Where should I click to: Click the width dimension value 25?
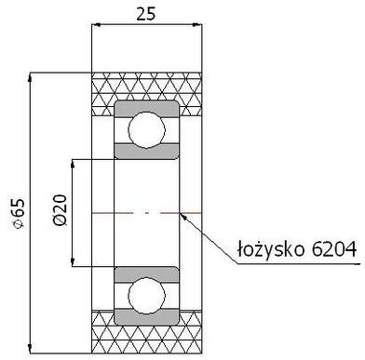tap(146, 14)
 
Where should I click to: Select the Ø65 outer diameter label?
tap(19, 213)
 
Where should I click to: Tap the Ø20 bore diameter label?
tap(61, 209)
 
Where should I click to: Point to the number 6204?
tap(333, 248)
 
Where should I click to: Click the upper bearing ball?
tap(146, 130)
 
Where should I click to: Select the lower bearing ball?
tap(146, 295)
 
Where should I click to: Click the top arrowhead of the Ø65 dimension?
tap(30, 77)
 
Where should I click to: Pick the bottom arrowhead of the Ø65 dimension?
tap(30, 348)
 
